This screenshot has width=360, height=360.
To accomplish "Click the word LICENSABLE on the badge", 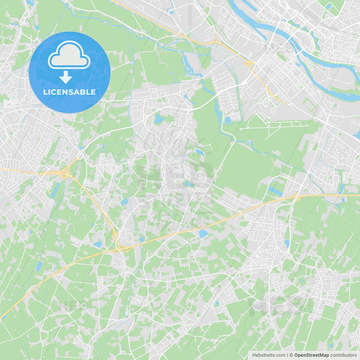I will (70, 92).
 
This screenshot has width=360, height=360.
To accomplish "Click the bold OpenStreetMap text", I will (311, 355).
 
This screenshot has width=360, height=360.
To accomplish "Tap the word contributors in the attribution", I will (344, 355).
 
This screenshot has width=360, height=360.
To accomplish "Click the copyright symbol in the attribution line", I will (290, 355).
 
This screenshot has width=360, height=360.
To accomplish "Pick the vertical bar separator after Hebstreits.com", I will (287, 355).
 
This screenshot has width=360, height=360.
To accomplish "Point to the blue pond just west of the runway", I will (228, 120).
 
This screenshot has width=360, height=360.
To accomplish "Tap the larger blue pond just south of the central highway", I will (203, 234).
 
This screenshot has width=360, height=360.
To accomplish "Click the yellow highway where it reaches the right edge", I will (355, 195).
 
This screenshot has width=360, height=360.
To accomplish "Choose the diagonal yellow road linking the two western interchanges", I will (95, 206).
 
